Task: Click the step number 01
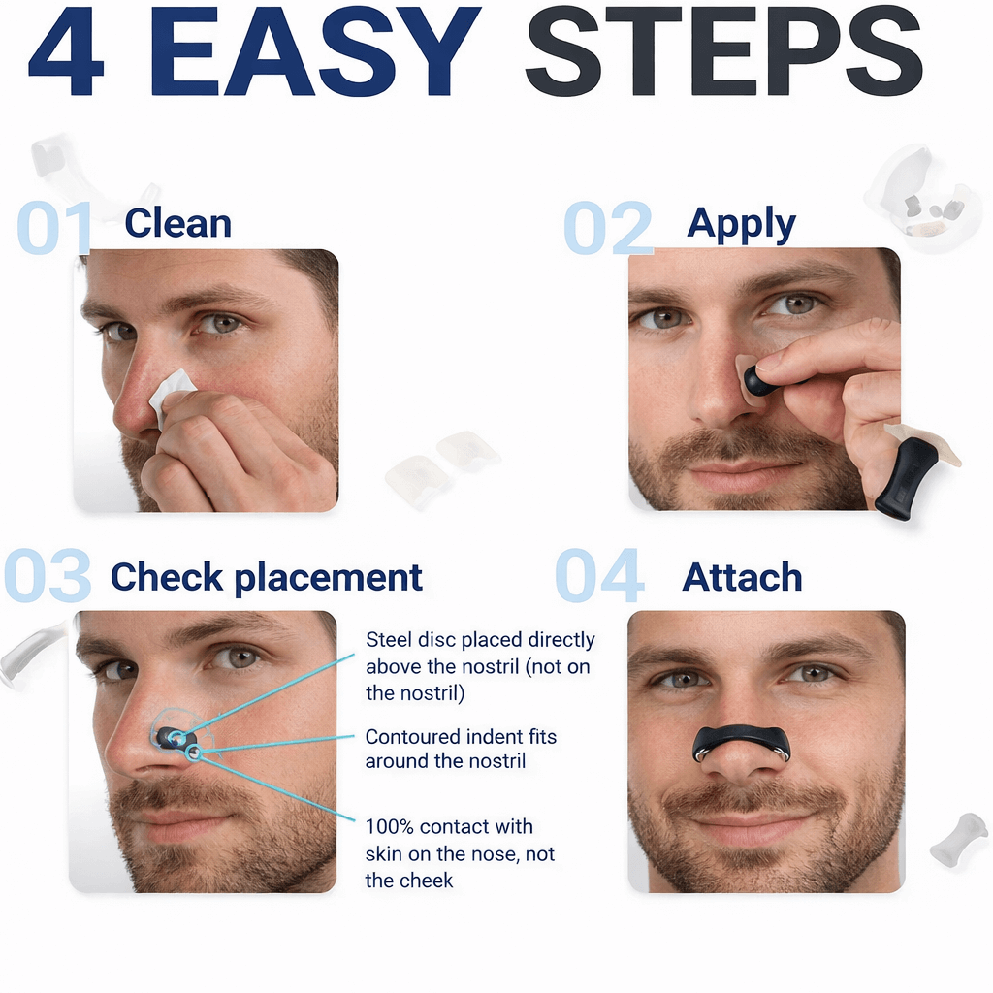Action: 54,229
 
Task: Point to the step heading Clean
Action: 178,223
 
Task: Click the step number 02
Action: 608,229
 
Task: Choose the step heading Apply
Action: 741,223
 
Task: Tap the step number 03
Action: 48,576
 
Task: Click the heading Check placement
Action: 267,577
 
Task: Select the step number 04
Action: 599,576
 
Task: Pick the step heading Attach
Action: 742,578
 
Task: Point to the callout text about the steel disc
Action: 480,666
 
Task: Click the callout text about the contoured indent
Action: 461,749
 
